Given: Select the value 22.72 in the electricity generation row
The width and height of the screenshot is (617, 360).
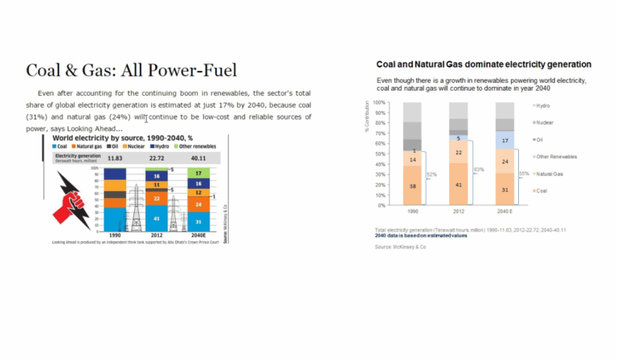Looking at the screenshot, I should click(x=157, y=158).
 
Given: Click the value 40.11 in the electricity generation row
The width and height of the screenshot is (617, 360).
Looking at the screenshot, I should click(x=198, y=158).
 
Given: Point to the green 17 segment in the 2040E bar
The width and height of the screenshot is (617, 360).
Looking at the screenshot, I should click(x=198, y=173).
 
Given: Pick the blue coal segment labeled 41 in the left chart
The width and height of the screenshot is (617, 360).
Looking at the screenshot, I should click(x=157, y=219).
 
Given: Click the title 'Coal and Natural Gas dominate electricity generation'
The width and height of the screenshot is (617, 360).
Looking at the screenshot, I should click(x=484, y=63).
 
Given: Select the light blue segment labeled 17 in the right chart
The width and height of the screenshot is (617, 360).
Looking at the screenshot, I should click(x=505, y=141).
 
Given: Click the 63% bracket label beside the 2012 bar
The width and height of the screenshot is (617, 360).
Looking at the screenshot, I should click(x=479, y=170).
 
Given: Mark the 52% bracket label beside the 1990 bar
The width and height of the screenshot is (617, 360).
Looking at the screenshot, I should click(x=431, y=174).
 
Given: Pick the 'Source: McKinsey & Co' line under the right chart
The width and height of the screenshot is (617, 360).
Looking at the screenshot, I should click(x=400, y=247).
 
